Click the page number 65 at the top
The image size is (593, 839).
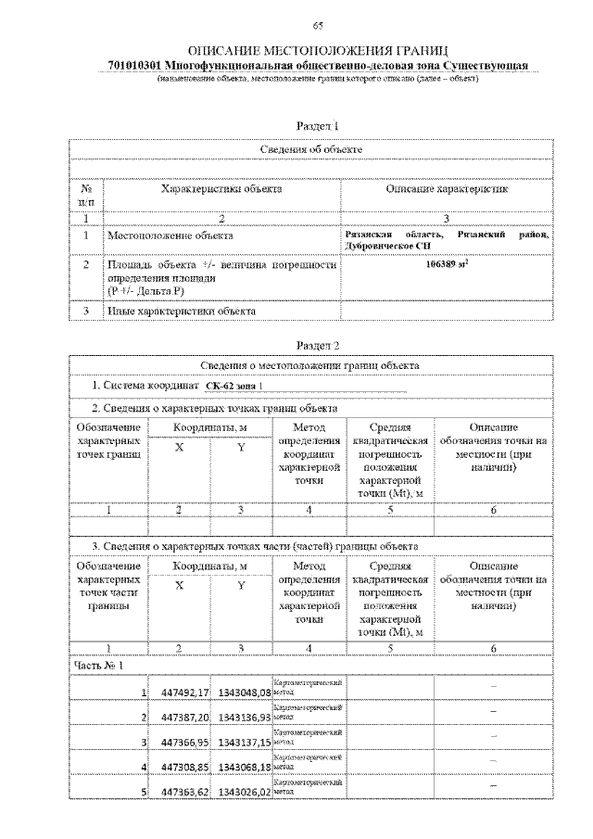coord(317,24)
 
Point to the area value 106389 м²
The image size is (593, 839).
coord(448,264)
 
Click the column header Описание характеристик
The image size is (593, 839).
coord(447,189)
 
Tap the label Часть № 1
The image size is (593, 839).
coord(97,665)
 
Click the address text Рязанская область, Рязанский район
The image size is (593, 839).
coord(446,235)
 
